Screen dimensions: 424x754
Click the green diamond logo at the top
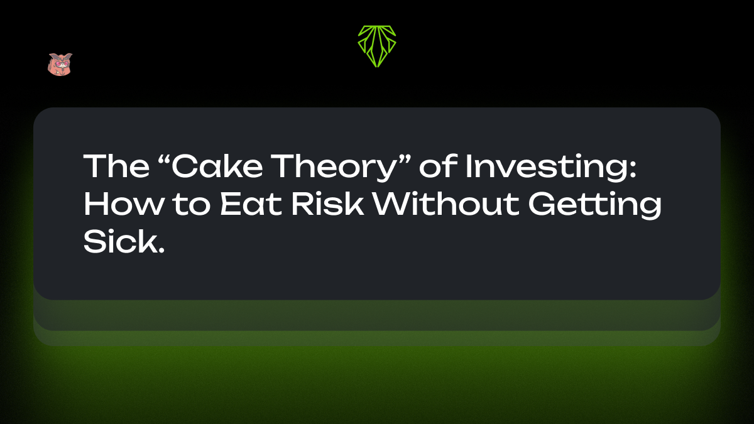point(377,46)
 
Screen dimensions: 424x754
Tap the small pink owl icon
point(60,64)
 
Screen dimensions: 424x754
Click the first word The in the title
point(111,166)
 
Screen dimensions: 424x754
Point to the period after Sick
point(161,251)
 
